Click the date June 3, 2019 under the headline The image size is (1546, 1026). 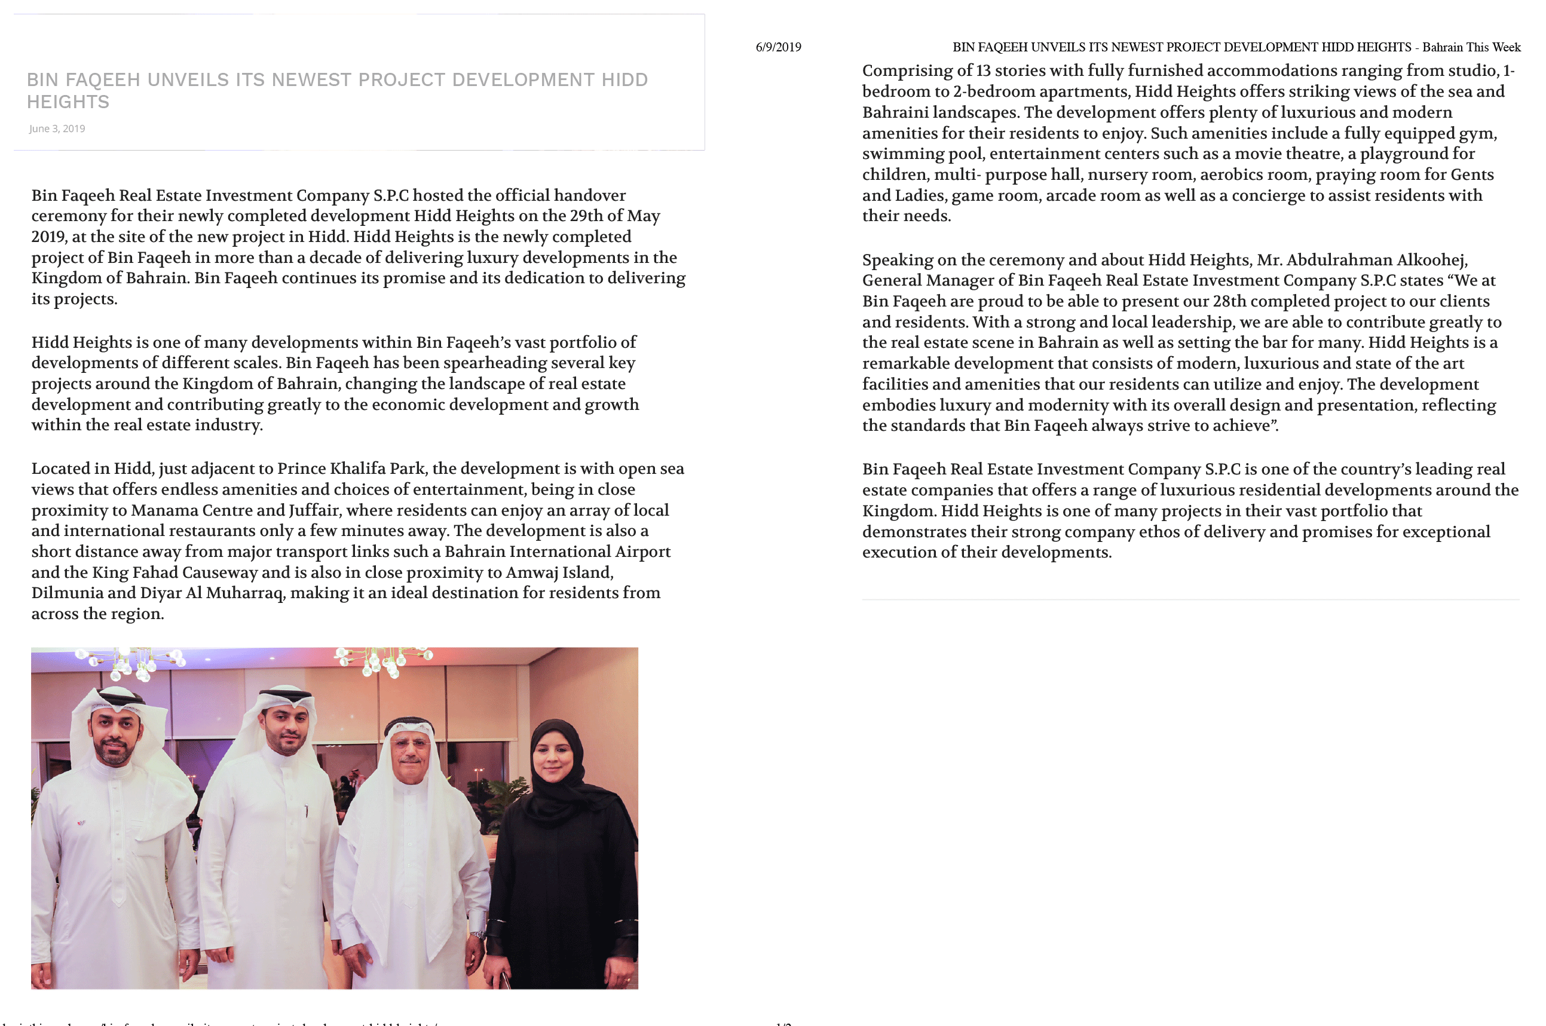click(x=57, y=129)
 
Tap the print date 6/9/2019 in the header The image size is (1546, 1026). click(x=778, y=47)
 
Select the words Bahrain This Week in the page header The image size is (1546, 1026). click(x=1471, y=47)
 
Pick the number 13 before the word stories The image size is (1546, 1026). click(x=983, y=71)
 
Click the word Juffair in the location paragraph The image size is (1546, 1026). click(x=315, y=510)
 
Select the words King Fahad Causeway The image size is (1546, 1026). click(x=175, y=572)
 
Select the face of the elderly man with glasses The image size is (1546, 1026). click(x=410, y=752)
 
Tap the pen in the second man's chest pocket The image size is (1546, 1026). click(x=305, y=812)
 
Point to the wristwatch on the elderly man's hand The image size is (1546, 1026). click(x=479, y=935)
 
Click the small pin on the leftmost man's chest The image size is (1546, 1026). click(x=81, y=822)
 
